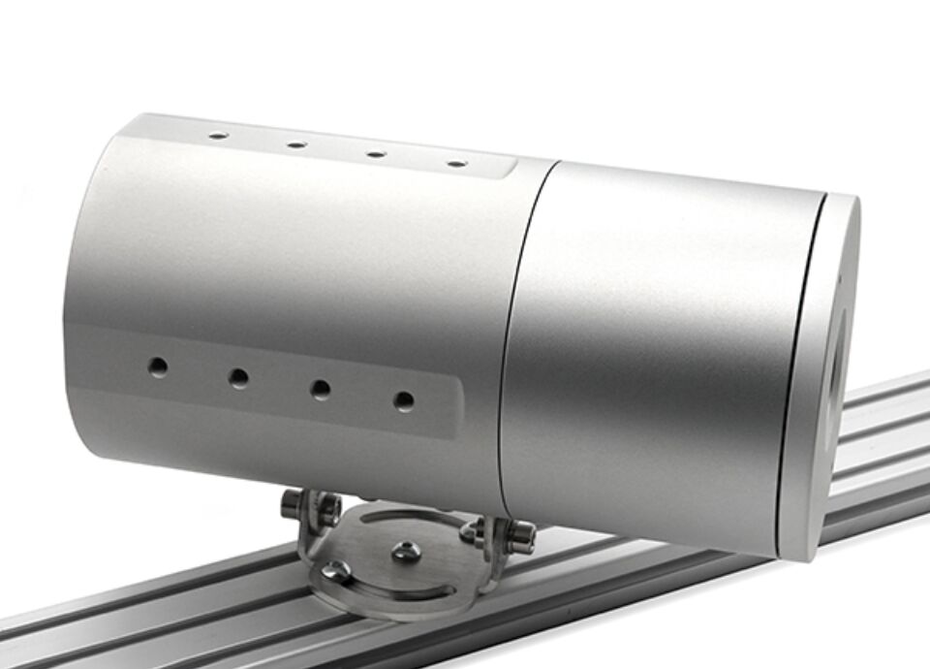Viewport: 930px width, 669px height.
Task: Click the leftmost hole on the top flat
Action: click(218, 136)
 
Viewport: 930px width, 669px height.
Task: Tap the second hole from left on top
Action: click(296, 144)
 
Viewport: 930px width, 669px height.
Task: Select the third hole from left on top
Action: click(376, 154)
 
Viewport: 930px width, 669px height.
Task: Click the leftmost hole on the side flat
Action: click(157, 366)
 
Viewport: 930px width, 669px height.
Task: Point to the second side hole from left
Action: click(238, 378)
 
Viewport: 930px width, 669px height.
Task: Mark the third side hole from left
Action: click(320, 390)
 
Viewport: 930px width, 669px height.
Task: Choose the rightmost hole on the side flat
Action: click(404, 400)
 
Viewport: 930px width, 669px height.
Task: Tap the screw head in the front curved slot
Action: click(336, 572)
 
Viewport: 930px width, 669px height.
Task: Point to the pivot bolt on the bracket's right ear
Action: click(521, 533)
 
